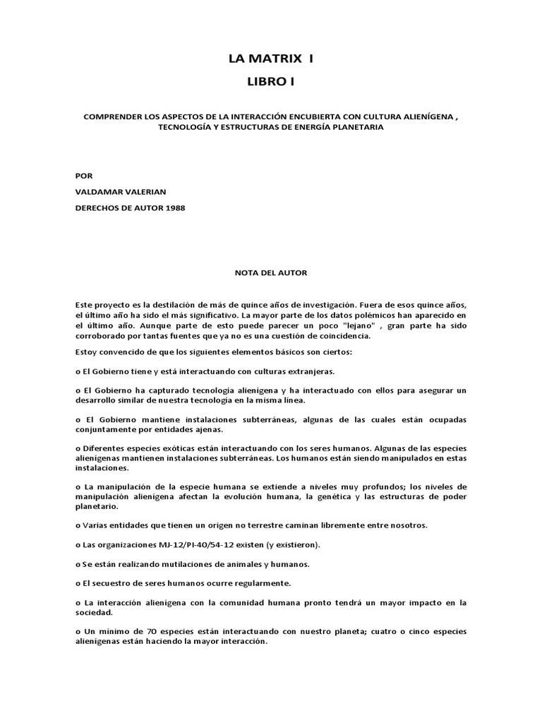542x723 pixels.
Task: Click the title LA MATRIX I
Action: pos(271,59)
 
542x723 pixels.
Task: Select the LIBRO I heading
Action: pos(271,83)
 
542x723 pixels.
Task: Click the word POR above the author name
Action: pos(83,175)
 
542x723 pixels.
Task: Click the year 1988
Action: pos(178,208)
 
